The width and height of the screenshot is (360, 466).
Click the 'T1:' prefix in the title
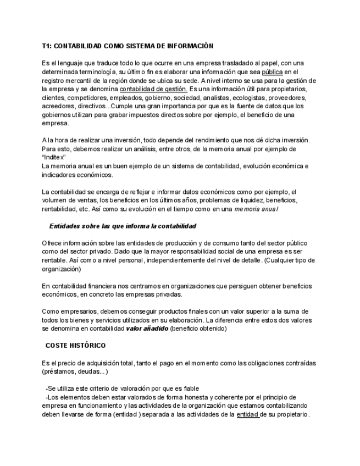[48, 46]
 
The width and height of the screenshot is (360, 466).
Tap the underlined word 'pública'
[272, 72]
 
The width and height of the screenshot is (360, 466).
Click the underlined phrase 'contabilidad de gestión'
[153, 89]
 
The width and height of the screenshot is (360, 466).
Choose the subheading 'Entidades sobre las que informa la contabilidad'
[123, 226]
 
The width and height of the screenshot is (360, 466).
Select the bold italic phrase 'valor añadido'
[147, 329]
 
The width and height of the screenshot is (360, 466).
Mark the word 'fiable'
[188, 389]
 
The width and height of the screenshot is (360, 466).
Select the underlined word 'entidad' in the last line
[248, 414]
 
